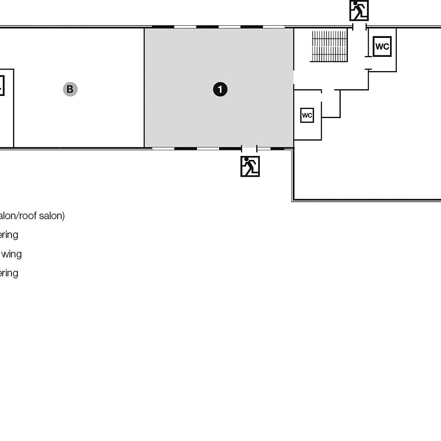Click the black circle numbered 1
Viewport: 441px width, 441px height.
[x=220, y=89]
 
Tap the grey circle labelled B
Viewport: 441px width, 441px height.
[x=70, y=89]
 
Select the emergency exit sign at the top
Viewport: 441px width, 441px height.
[x=359, y=11]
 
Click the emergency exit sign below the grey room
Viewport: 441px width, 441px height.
[x=250, y=166]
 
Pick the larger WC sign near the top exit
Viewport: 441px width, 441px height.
[x=382, y=47]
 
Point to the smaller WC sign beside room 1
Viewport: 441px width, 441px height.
[x=307, y=115]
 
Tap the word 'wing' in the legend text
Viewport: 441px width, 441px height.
[x=11, y=254]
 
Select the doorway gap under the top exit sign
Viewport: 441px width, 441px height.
[x=359, y=27]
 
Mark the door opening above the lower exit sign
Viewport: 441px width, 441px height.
[x=249, y=148]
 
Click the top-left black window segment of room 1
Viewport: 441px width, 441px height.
[x=163, y=27]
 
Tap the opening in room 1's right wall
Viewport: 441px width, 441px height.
[x=293, y=77]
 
